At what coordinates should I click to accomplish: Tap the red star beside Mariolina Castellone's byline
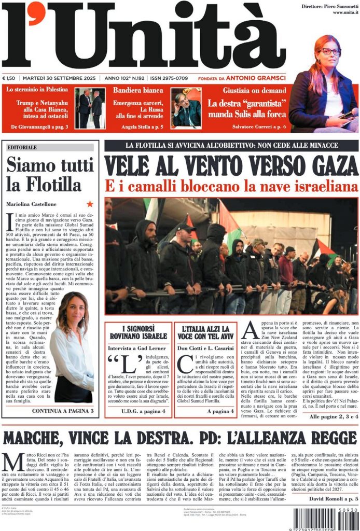point(90,204)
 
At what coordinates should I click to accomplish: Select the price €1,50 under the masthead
point(9,78)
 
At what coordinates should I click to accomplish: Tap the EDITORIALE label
point(22,148)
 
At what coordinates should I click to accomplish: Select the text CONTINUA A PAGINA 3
point(62,411)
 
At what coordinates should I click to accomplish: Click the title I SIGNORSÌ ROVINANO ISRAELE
point(137,333)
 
